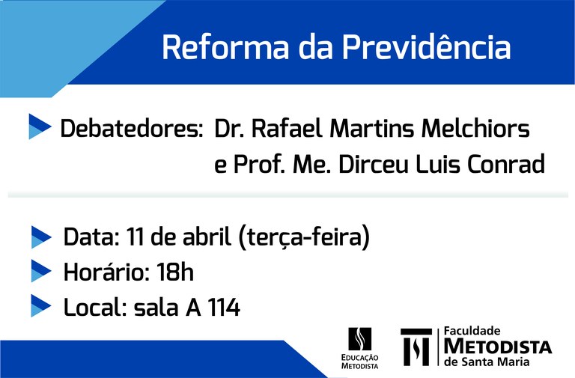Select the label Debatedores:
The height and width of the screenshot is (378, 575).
pyautogui.click(x=131, y=129)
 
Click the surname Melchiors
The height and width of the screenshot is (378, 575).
pyautogui.click(x=475, y=129)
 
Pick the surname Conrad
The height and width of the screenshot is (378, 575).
pyautogui.click(x=506, y=164)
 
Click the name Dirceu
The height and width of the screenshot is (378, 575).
pyautogui.click(x=374, y=164)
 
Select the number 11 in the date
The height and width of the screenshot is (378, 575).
pyautogui.click(x=135, y=237)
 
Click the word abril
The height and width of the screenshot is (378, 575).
pyautogui.click(x=207, y=237)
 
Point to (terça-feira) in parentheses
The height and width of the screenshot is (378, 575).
pyautogui.click(x=304, y=237)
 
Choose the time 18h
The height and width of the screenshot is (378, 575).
pyautogui.click(x=175, y=272)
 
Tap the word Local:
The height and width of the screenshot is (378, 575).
pyautogui.click(x=95, y=307)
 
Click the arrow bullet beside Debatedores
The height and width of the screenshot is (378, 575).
pyautogui.click(x=40, y=126)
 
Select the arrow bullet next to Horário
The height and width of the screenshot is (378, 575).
pyautogui.click(x=41, y=271)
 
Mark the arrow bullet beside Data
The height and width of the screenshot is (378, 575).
pyautogui.click(x=41, y=237)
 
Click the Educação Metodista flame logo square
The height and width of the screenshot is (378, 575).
pyautogui.click(x=359, y=339)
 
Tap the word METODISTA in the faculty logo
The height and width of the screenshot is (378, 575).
pyautogui.click(x=498, y=347)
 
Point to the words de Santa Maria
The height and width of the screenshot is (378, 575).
pyautogui.click(x=487, y=362)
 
